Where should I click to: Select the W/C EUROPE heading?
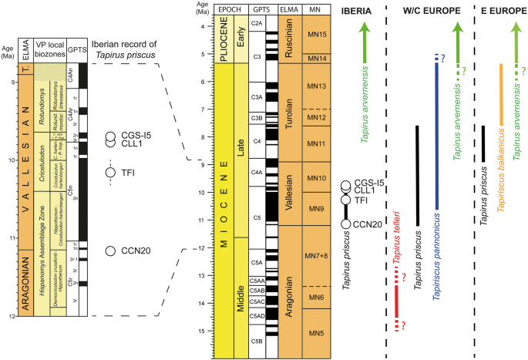coord(429,11)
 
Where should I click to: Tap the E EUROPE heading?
coord(500,11)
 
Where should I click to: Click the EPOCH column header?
coord(230,11)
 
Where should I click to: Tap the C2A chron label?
coord(257,25)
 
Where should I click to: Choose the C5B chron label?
coord(257,339)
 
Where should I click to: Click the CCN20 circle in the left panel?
coord(111,251)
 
